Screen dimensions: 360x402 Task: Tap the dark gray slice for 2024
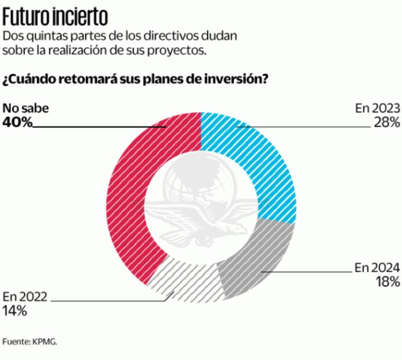coord(255,261)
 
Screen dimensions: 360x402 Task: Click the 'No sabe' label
coord(26,108)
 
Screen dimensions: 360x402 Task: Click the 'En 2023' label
coord(377,108)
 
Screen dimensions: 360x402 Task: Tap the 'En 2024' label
coord(377,268)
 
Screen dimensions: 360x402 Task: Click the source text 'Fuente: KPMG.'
coord(30,341)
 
